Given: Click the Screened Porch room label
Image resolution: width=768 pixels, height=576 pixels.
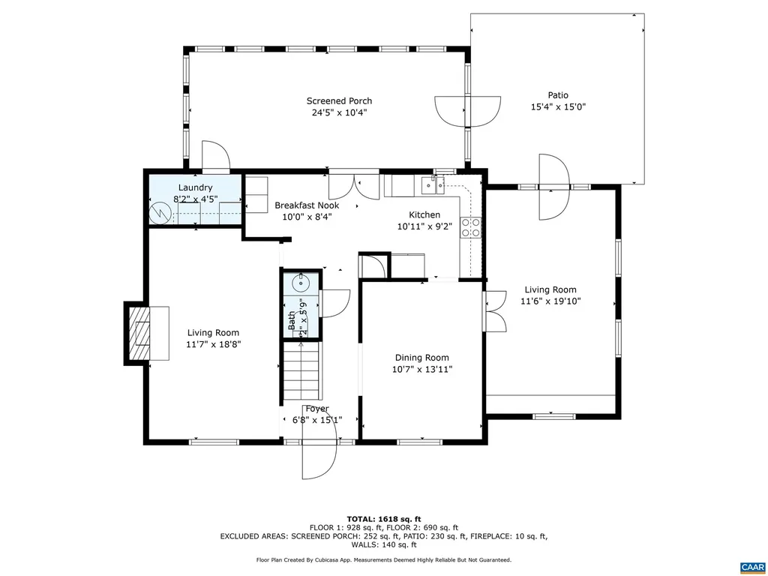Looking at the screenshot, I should click(x=339, y=101).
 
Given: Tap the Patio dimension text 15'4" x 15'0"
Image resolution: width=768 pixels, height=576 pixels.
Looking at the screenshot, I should click(x=557, y=107).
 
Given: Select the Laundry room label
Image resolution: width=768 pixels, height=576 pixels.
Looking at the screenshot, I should click(x=195, y=187).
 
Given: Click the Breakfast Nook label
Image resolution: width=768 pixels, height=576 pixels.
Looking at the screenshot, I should click(x=307, y=205).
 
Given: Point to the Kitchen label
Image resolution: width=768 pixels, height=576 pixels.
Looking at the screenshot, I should click(x=424, y=214).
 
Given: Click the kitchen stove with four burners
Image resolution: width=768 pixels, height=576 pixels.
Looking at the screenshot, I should click(x=470, y=227).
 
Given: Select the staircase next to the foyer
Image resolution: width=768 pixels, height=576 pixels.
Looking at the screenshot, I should click(x=301, y=370).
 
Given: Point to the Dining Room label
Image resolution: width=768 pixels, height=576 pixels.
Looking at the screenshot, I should click(x=421, y=358).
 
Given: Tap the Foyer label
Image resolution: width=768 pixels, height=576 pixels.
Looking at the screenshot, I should click(x=316, y=409).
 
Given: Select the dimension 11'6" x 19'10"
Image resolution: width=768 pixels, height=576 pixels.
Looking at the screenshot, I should click(x=550, y=301).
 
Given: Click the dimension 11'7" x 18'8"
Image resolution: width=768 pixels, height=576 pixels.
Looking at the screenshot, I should click(x=213, y=345).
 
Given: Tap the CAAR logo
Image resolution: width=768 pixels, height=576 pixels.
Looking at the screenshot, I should click(x=751, y=566).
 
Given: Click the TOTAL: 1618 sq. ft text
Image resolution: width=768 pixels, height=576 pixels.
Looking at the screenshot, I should click(x=383, y=519).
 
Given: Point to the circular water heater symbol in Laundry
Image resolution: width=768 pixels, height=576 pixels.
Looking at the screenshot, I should click(x=160, y=214).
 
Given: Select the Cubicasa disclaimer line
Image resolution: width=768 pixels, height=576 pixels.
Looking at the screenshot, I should click(x=383, y=559).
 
